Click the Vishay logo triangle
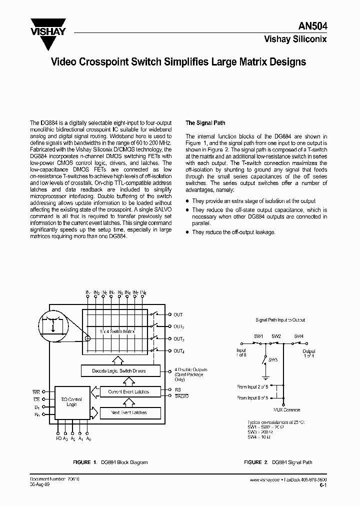(48, 34)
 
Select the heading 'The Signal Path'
(205, 122)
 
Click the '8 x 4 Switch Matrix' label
(118, 332)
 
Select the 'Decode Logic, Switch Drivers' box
(120, 371)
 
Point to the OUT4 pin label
(179, 351)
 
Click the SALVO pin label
(181, 396)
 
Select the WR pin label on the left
(36, 391)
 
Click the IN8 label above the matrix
(143, 292)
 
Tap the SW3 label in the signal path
(272, 360)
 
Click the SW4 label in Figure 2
(298, 336)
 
